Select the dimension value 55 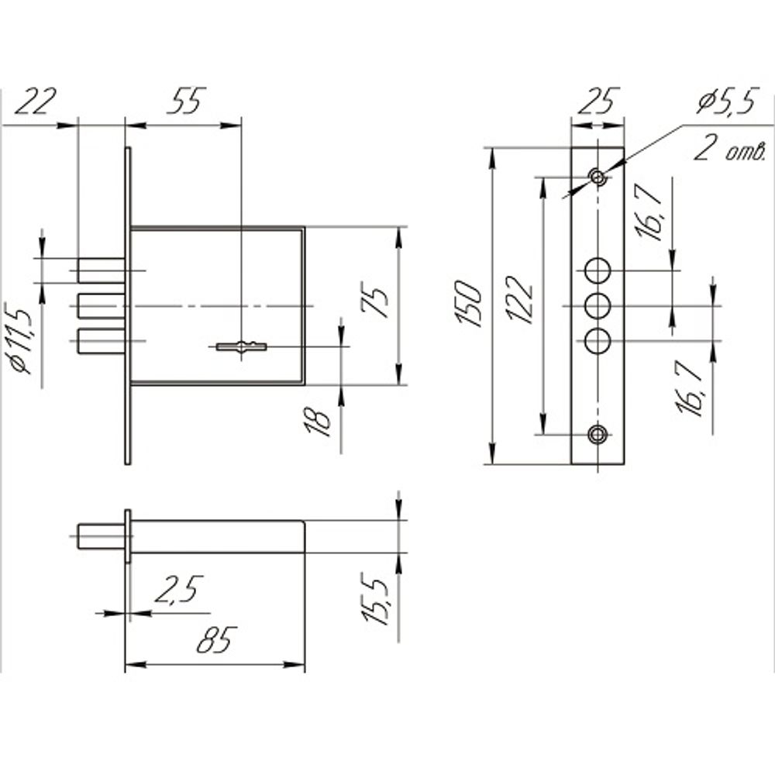coord(185,102)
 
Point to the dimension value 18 coord(318,421)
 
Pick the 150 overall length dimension coord(467,304)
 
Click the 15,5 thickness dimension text coord(375,599)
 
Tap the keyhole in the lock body coord(241,346)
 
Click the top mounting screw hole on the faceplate coord(598,177)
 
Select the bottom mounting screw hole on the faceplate coord(598,435)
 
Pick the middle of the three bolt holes coord(598,306)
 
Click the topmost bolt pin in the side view coord(102,270)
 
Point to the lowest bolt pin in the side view coord(102,341)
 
